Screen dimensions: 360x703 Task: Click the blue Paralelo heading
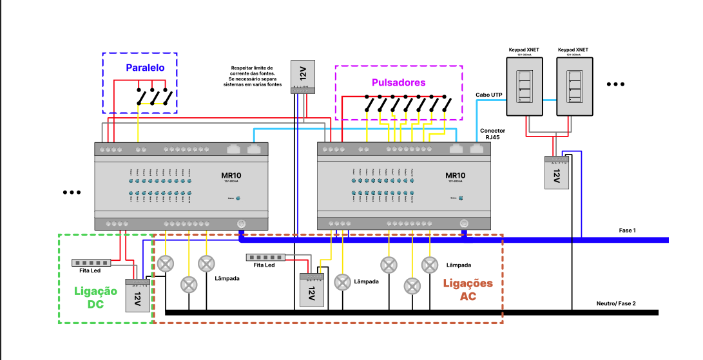coord(145,68)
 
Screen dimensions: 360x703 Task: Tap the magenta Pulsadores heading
coord(399,82)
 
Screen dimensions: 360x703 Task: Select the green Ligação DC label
coord(96,298)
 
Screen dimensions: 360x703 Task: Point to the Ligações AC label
coord(468,290)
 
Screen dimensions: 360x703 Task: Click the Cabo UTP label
coord(489,95)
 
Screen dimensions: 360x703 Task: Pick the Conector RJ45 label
coord(493,134)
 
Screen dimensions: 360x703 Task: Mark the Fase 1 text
coord(627,230)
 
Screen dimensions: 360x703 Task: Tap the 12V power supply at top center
coord(303,77)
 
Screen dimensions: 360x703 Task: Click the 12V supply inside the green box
coord(137,296)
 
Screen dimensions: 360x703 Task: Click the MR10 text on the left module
coord(231,175)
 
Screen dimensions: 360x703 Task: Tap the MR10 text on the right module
coord(455,175)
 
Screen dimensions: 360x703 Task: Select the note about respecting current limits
coord(251,75)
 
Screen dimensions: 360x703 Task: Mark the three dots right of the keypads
coord(615,84)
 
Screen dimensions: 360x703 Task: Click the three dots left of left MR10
coord(72,192)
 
